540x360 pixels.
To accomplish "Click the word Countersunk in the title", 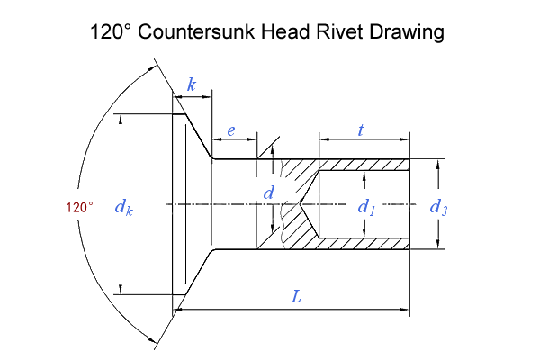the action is pyautogui.click(x=196, y=31).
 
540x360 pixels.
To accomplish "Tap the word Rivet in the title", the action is pyautogui.click(x=339, y=31).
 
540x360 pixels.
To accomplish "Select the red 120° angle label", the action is pyautogui.click(x=79, y=208).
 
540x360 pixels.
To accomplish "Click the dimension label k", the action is pyautogui.click(x=192, y=85).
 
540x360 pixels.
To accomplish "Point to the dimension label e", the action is pyautogui.click(x=231, y=130).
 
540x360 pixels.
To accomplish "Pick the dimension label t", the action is pyautogui.click(x=361, y=130).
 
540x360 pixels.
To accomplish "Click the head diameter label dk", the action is pyautogui.click(x=124, y=207).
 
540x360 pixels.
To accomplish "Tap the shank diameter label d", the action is pyautogui.click(x=268, y=193).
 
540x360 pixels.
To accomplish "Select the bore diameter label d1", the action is pyautogui.click(x=366, y=207).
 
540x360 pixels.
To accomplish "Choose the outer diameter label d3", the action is pyautogui.click(x=439, y=207).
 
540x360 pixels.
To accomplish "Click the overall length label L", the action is pyautogui.click(x=296, y=296).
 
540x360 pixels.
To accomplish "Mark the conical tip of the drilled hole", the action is pyautogui.click(x=300, y=204).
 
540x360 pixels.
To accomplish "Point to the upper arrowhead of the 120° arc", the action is pyautogui.click(x=153, y=68).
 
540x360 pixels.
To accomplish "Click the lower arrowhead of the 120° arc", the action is pyautogui.click(x=153, y=340).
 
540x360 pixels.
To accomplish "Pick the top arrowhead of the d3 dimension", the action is pyautogui.click(x=438, y=165).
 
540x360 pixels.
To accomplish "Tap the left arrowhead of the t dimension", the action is pyautogui.click(x=324, y=139).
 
